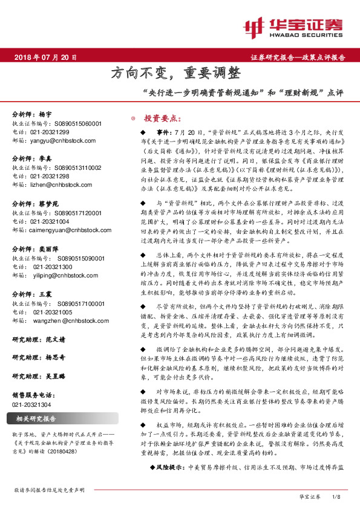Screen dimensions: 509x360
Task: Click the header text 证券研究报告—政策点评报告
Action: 298,57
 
